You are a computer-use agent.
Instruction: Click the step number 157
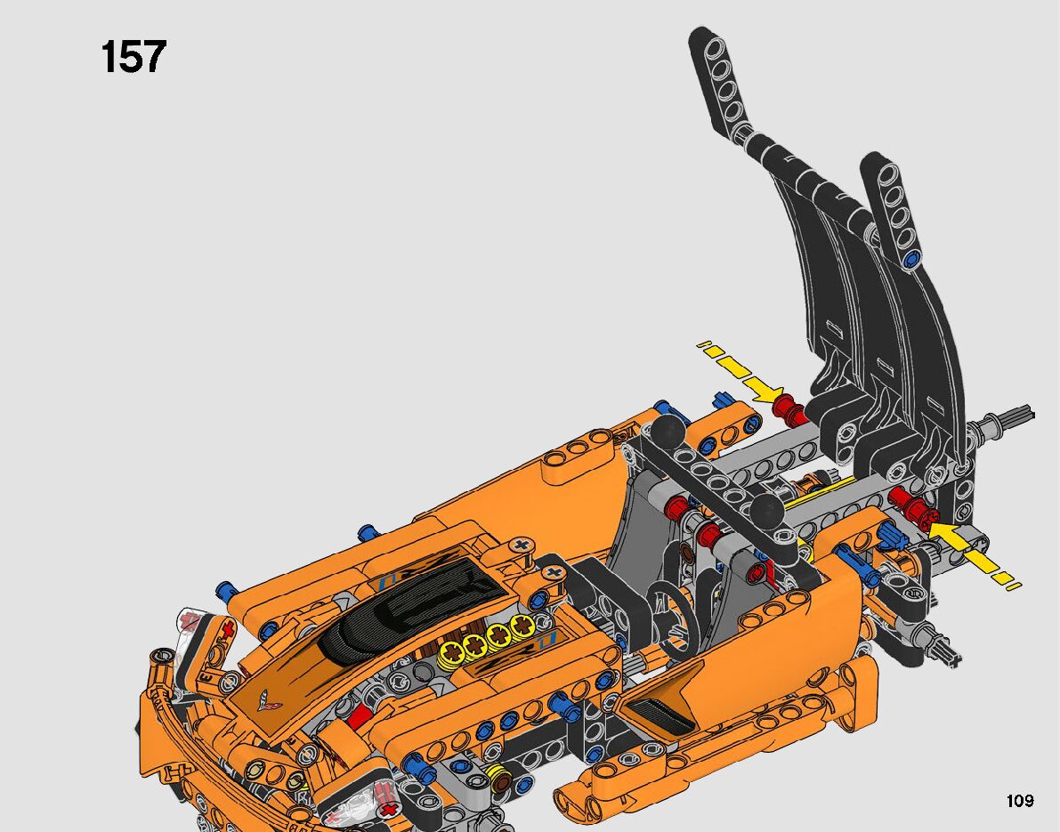[x=134, y=56]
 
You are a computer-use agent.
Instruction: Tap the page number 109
[x=1019, y=801]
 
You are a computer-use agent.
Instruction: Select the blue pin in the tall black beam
[x=913, y=257]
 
